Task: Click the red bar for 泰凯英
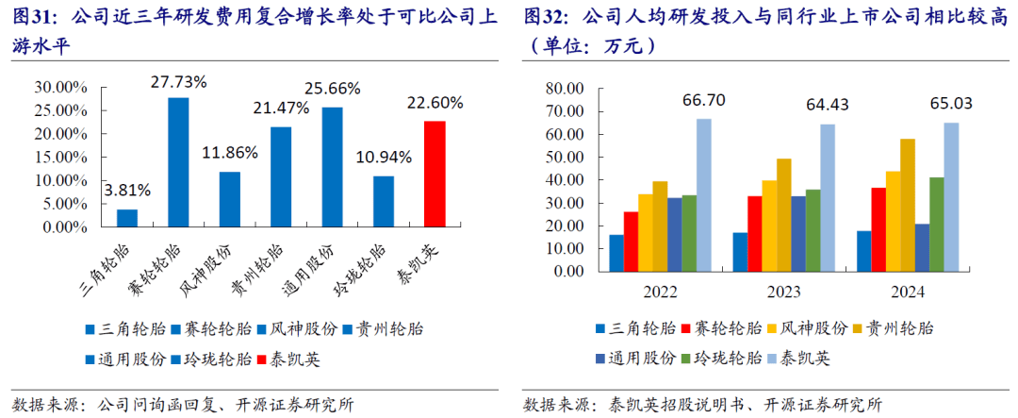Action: coord(435,174)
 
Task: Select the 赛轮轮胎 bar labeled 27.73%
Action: coord(178,162)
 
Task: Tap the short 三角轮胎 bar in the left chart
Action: coord(127,218)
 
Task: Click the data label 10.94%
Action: coord(383,157)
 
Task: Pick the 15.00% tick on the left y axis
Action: coord(60,157)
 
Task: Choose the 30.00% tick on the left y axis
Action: coord(60,87)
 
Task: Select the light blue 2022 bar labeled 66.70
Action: coord(703,194)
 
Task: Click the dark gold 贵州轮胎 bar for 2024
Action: coord(907,204)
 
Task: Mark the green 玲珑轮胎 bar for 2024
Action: coord(937,224)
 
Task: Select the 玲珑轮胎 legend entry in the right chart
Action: coord(720,359)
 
